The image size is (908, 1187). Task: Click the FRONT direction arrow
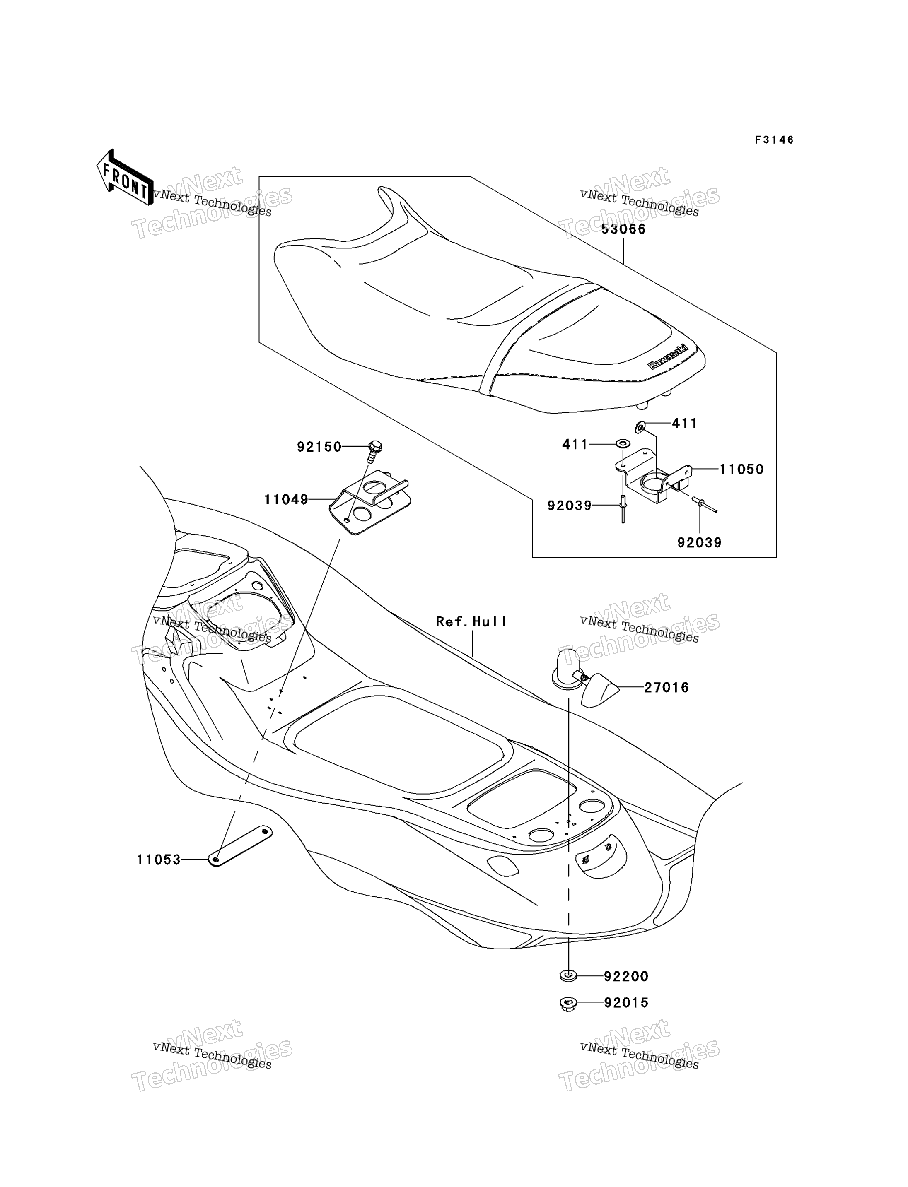point(125,178)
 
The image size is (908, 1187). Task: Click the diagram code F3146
point(774,140)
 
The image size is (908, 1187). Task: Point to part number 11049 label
point(286,500)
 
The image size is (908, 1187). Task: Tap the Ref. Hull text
point(471,622)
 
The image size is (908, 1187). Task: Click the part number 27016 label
point(667,688)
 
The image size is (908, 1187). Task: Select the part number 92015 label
point(626,1003)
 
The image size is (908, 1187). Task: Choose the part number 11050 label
point(741,470)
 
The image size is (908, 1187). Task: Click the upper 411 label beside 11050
point(684,423)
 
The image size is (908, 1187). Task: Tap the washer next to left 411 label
point(623,443)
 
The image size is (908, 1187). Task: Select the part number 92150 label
point(319,447)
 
